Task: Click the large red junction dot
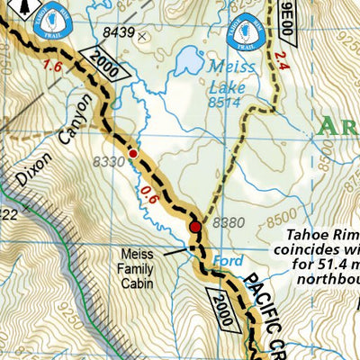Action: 194,228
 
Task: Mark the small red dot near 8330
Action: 132,153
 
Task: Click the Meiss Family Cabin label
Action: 138,270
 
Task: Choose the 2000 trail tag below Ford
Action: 220,307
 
